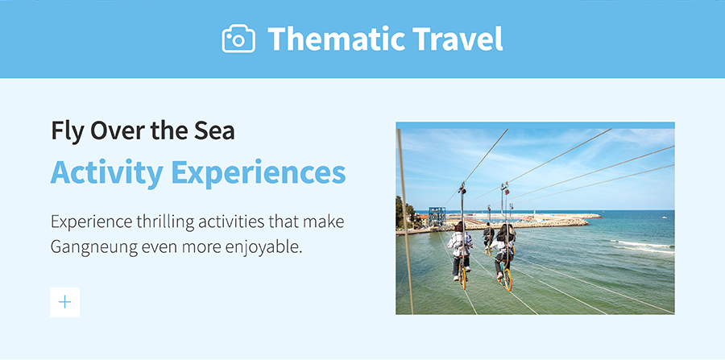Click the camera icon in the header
[x=238, y=39]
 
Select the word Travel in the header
[x=458, y=39]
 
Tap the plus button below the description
[x=64, y=302]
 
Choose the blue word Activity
[x=107, y=173]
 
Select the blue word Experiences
[x=259, y=173]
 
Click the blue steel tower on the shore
[x=437, y=217]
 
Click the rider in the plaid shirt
[x=460, y=250]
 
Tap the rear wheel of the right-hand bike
[x=507, y=279]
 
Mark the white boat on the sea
[x=665, y=217]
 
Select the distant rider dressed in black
[x=488, y=236]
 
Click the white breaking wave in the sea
[x=642, y=246]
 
